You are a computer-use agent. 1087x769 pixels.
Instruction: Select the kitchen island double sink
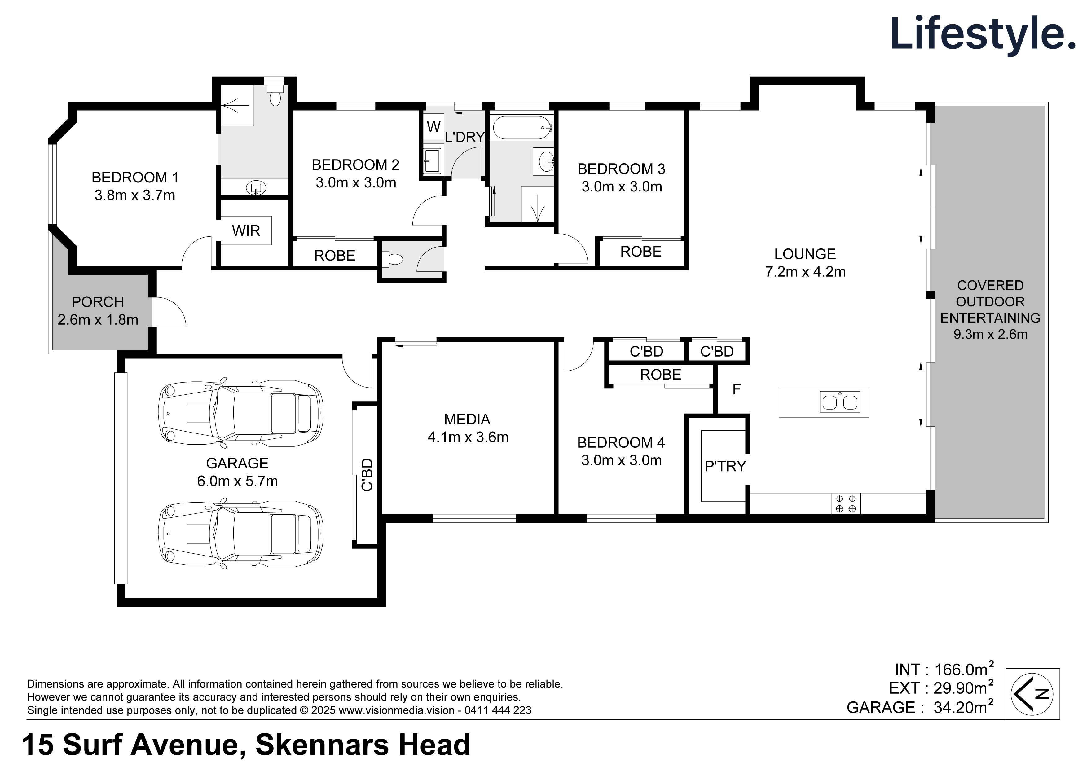(x=840, y=402)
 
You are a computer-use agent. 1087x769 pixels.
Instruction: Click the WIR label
(x=246, y=231)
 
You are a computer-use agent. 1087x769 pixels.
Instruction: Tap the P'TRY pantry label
(x=724, y=466)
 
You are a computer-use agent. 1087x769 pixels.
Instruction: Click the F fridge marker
(x=736, y=389)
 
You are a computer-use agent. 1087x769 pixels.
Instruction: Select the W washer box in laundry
(x=433, y=127)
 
